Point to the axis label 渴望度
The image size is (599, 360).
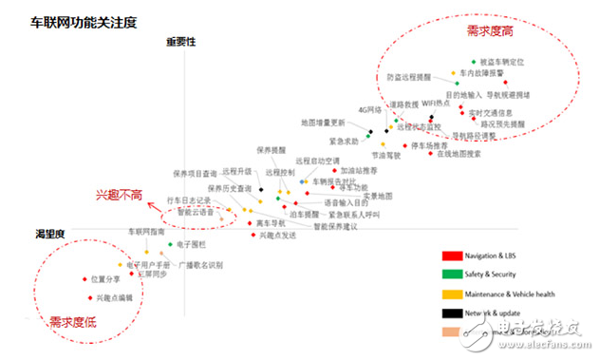pyautogui.click(x=49, y=234)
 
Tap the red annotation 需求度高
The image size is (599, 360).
pyautogui.click(x=491, y=31)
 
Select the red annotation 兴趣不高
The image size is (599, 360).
pyautogui.click(x=119, y=195)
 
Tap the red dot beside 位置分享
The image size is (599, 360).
pyautogui.click(x=84, y=279)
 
